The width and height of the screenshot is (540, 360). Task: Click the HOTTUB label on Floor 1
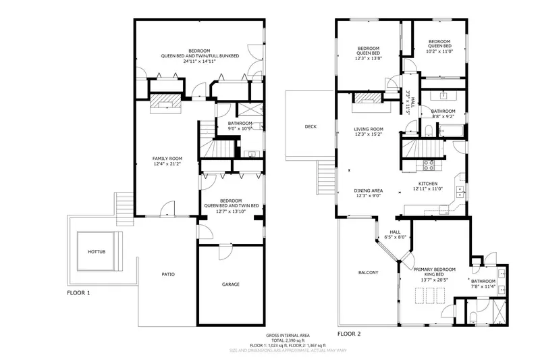point(97,252)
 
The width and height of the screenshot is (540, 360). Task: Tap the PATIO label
point(168,274)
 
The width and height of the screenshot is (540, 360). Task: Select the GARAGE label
point(231,284)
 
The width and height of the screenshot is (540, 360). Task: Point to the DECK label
point(310,126)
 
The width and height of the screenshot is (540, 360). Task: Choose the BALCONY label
point(368,272)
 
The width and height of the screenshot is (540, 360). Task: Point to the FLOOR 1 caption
point(78,294)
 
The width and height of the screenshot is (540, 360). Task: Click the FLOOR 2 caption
point(349,334)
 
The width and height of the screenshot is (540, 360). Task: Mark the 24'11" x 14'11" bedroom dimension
point(199,61)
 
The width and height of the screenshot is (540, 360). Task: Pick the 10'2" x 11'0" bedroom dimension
point(439,51)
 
